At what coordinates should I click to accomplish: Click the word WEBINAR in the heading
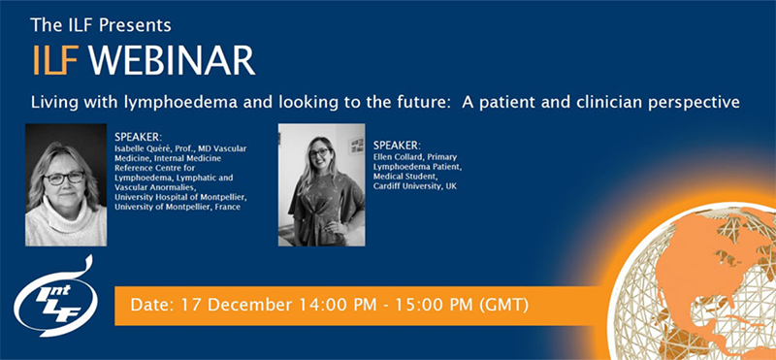[x=184, y=59]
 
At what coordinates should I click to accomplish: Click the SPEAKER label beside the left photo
[x=141, y=136]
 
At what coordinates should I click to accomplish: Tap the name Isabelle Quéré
[x=146, y=147]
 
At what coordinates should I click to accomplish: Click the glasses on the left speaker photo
[x=63, y=178]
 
